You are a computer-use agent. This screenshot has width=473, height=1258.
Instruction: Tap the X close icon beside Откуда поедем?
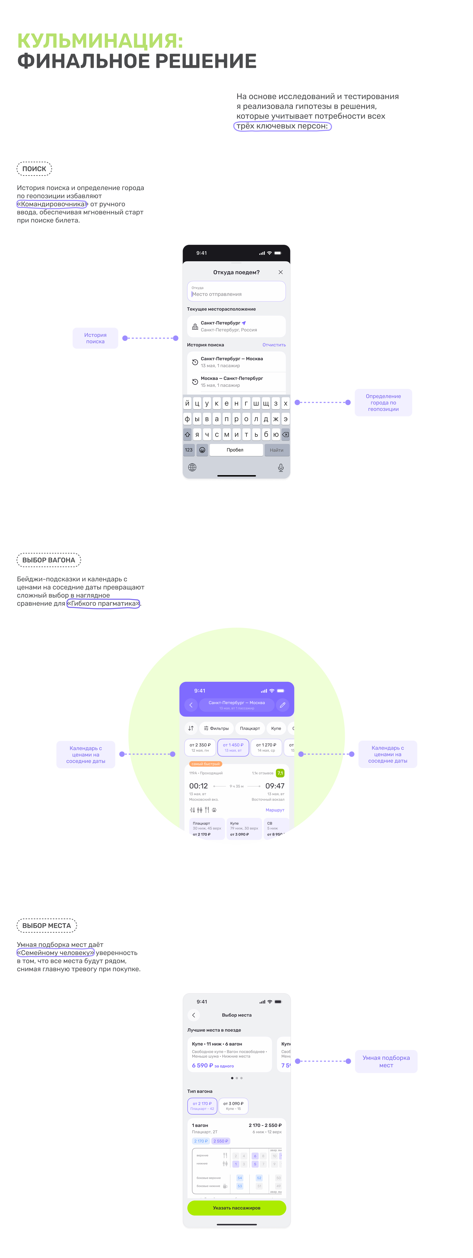[x=281, y=272]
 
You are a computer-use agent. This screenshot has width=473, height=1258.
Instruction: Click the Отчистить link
[x=274, y=345]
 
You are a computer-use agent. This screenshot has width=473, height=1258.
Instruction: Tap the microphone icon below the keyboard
[x=281, y=467]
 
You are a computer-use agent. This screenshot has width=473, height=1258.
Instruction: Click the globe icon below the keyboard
[x=192, y=467]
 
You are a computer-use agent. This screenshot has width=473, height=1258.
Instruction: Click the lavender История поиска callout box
[x=95, y=338]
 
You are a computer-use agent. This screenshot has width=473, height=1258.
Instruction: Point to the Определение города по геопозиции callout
[x=383, y=402]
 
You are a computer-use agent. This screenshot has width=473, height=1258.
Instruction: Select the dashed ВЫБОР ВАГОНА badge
[x=49, y=560]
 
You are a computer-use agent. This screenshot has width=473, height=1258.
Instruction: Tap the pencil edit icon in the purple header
[x=282, y=705]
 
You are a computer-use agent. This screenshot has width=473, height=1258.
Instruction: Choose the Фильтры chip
[x=216, y=728]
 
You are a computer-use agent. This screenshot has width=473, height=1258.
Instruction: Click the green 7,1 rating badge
[x=280, y=773]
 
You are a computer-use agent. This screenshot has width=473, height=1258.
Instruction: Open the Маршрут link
[x=275, y=810]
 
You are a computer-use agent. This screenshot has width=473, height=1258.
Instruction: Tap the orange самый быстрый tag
[x=205, y=764]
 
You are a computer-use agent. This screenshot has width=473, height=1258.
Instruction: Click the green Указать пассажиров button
[x=237, y=1208]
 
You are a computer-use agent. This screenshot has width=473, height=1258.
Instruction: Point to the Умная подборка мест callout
[x=386, y=1061]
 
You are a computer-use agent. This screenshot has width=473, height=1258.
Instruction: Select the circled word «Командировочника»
[x=52, y=204]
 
